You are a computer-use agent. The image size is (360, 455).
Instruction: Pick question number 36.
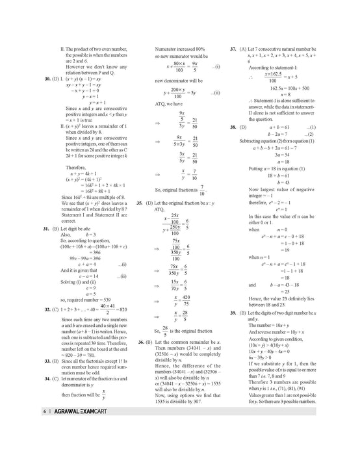tap(140, 341)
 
